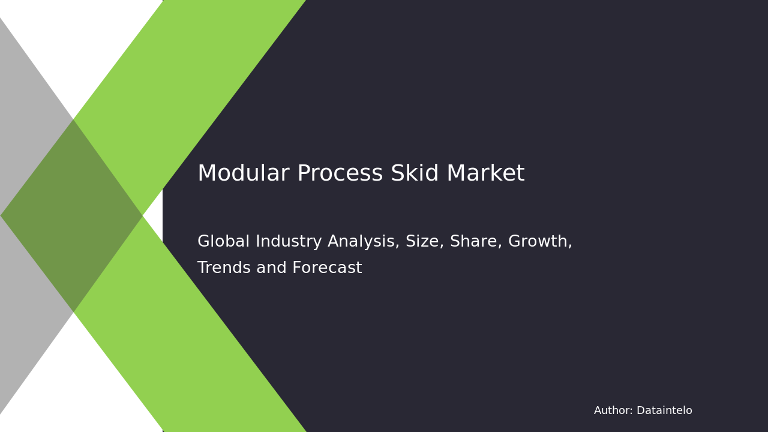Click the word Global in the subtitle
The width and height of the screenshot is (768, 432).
click(223, 242)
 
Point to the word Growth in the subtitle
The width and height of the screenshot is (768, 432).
click(538, 242)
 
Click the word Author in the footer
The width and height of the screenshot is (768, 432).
click(612, 411)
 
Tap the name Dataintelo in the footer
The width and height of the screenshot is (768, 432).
click(664, 411)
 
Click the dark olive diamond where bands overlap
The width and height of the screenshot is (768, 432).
click(72, 216)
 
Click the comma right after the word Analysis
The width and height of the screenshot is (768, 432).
click(398, 247)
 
